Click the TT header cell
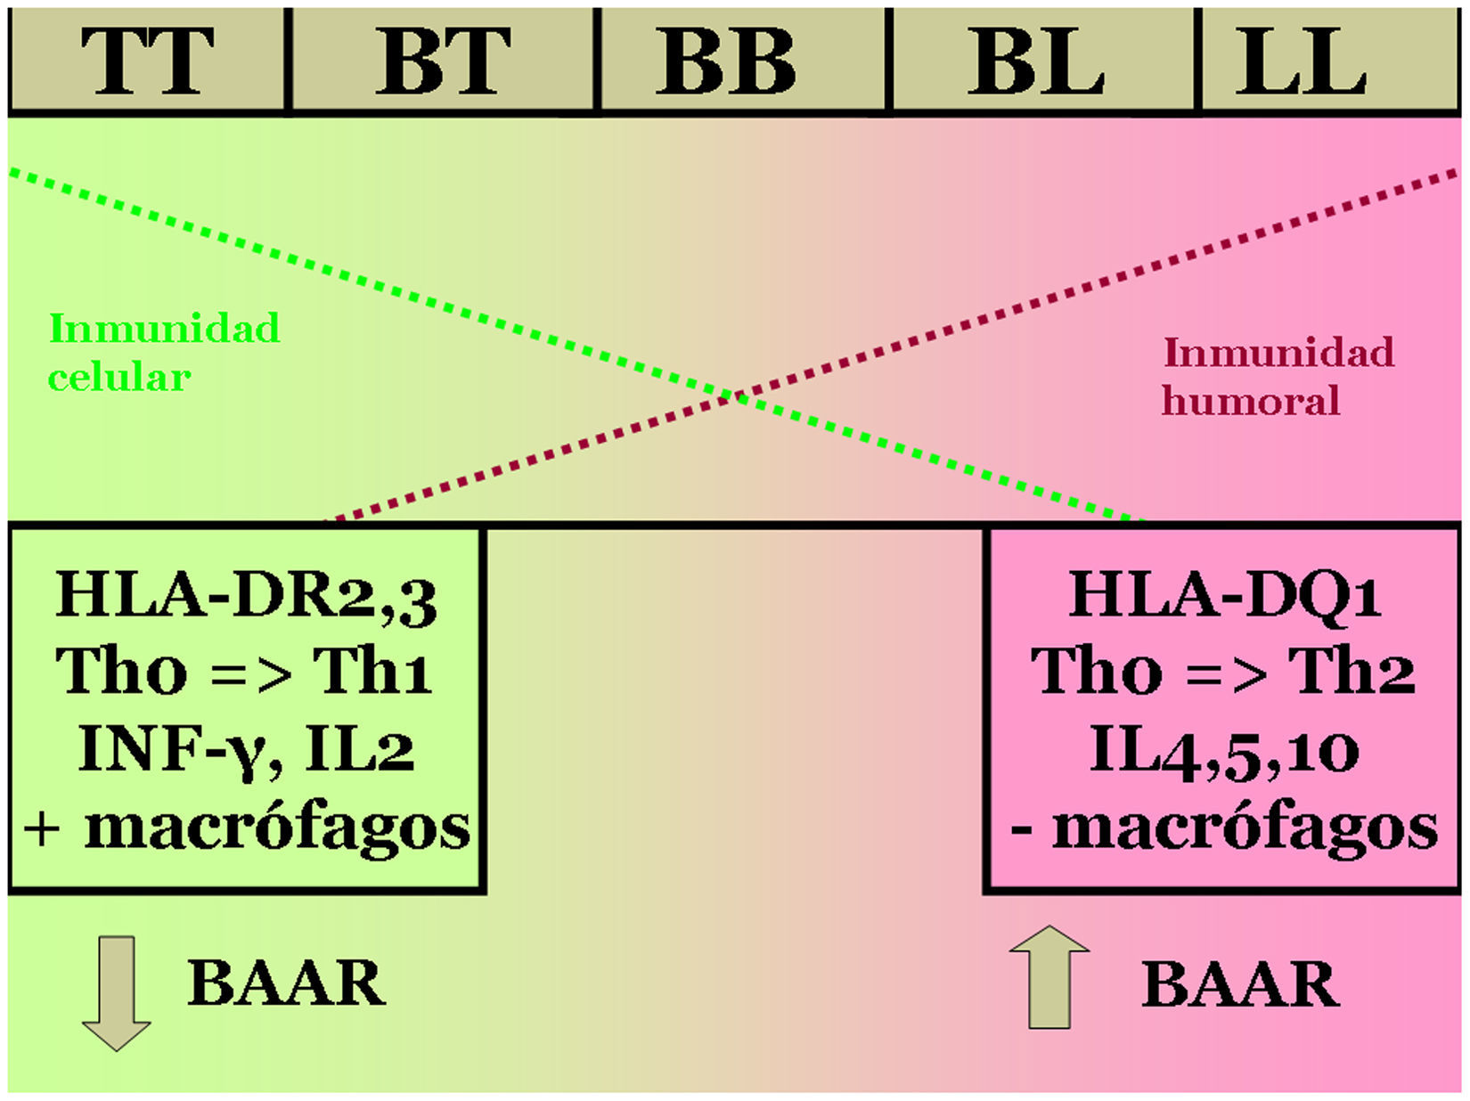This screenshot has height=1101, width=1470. (147, 61)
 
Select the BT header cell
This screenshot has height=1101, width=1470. (443, 61)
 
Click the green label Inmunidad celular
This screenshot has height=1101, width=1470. (164, 353)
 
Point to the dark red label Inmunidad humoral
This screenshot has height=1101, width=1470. (1278, 376)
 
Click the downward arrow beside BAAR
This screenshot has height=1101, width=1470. (116, 992)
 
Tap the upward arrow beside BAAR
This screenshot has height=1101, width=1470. (1049, 976)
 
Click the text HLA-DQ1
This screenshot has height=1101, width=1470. (1224, 595)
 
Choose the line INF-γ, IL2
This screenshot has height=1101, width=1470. (246, 750)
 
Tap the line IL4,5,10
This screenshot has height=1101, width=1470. (1224, 750)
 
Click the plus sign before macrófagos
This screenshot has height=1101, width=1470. (42, 829)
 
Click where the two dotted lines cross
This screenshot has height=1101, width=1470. (735, 395)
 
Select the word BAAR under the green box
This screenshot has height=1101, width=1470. (286, 983)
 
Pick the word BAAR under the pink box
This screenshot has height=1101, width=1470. (1240, 984)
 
